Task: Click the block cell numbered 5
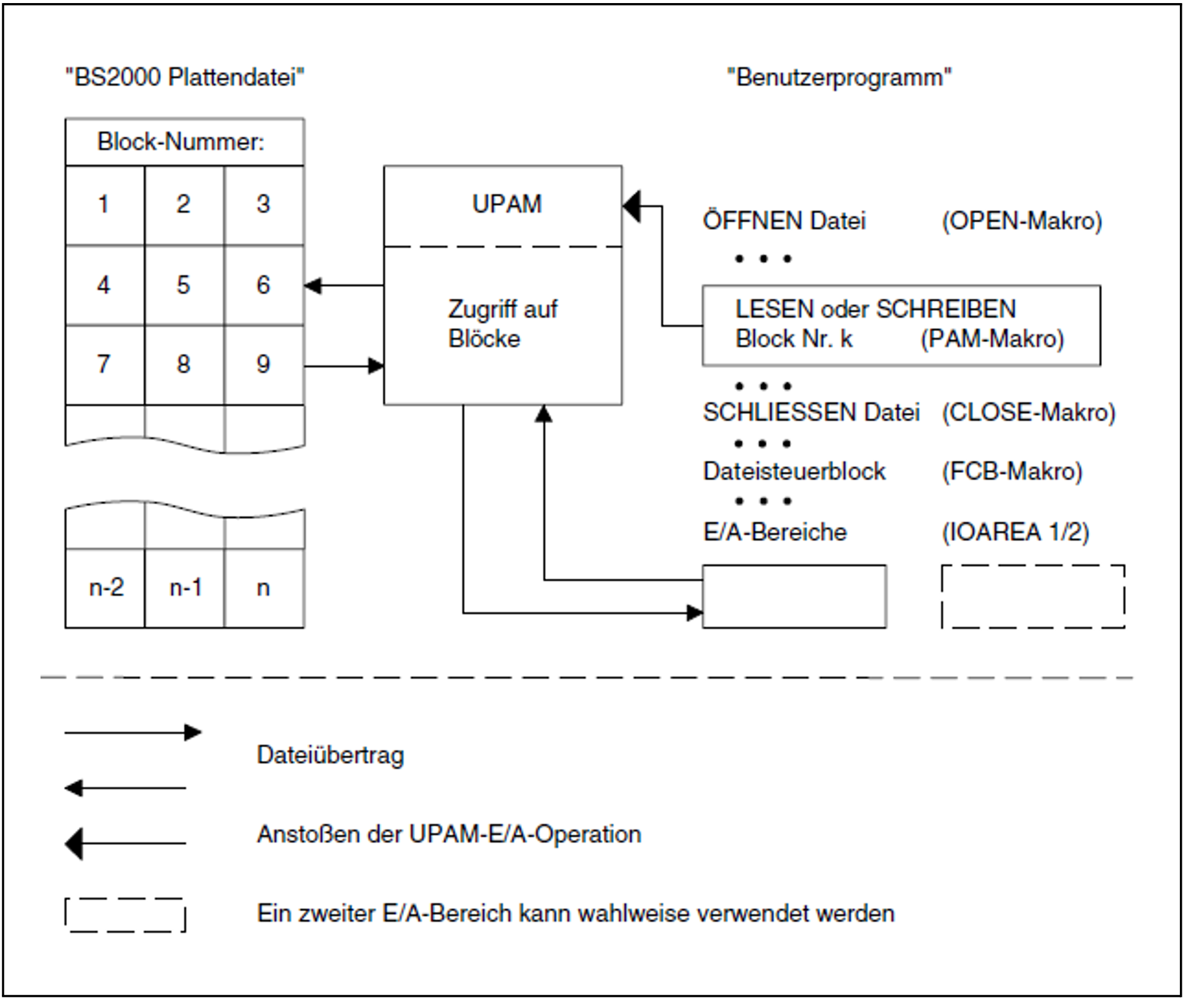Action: pyautogui.click(x=184, y=285)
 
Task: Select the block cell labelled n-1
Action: pyautogui.click(x=185, y=588)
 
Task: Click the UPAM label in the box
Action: pyautogui.click(x=506, y=204)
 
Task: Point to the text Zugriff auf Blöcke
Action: pyautogui.click(x=502, y=324)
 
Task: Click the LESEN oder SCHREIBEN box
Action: pyautogui.click(x=901, y=325)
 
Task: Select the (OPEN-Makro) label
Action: pyautogui.click(x=1021, y=221)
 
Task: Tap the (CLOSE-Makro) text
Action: pyautogui.click(x=1028, y=412)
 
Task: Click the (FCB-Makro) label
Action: pyautogui.click(x=1012, y=471)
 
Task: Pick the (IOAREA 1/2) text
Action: pyautogui.click(x=1015, y=532)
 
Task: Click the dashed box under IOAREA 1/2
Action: pyautogui.click(x=1033, y=596)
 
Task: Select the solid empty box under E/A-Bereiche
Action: pyautogui.click(x=794, y=596)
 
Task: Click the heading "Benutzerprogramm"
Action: pyautogui.click(x=839, y=78)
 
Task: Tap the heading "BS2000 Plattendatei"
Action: pyautogui.click(x=185, y=78)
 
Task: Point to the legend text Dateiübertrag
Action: pyautogui.click(x=330, y=755)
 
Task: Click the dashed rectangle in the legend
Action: pyautogui.click(x=125, y=915)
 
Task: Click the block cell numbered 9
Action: pyautogui.click(x=263, y=365)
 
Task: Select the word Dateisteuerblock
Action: pyautogui.click(x=794, y=471)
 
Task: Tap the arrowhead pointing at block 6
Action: pyautogui.click(x=313, y=285)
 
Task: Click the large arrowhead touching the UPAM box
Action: pyautogui.click(x=632, y=206)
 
